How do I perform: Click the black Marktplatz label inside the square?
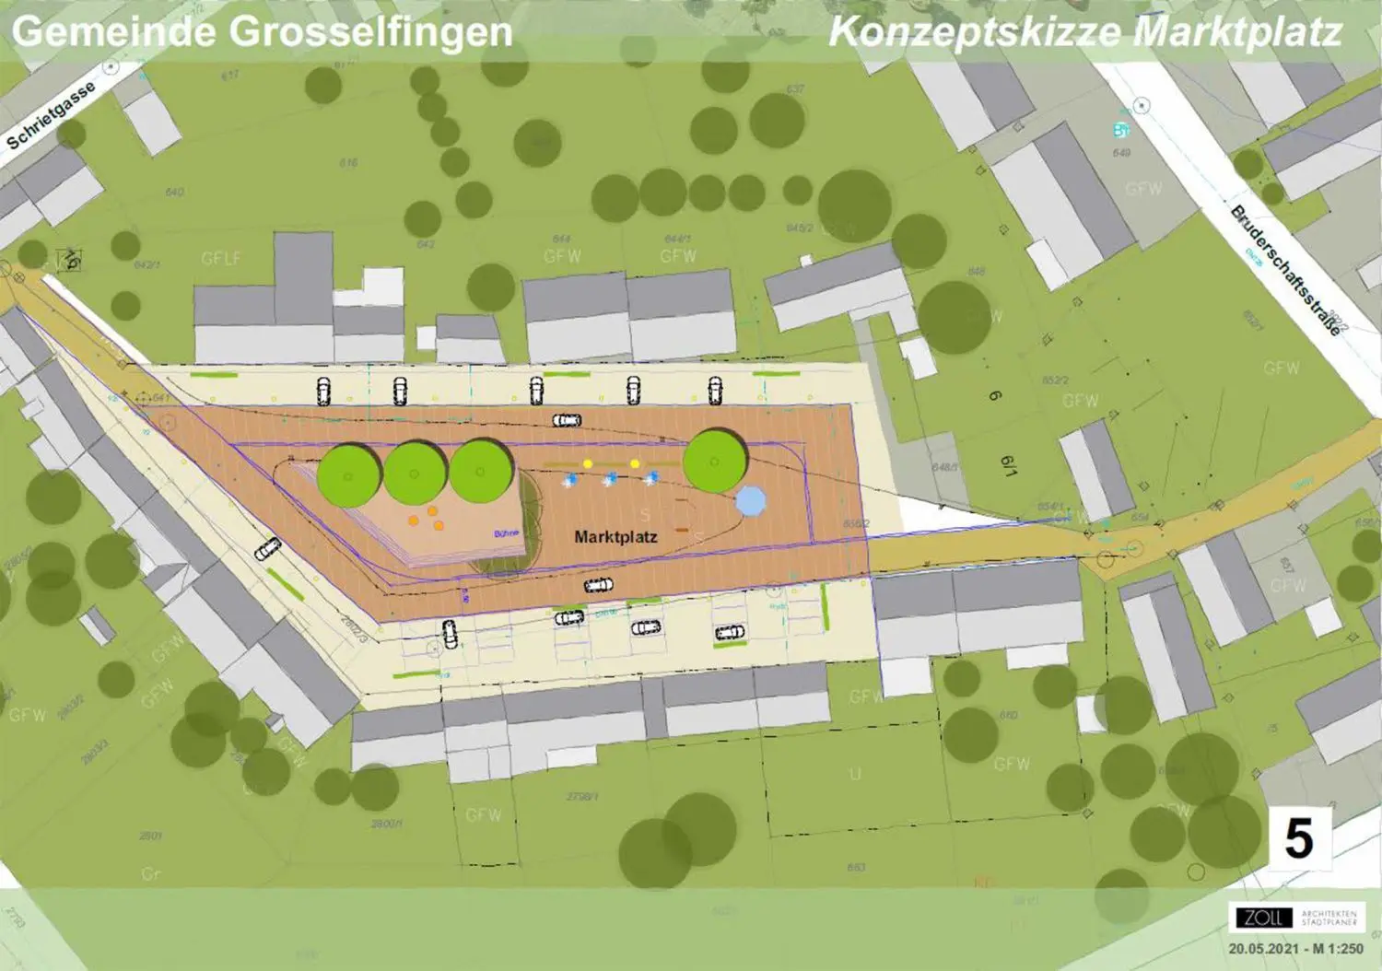tap(615, 536)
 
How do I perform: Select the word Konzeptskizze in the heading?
tap(974, 31)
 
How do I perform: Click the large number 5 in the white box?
tap(1299, 838)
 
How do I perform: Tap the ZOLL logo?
tap(1262, 918)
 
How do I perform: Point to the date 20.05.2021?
tap(1264, 949)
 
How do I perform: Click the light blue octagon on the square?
tap(751, 501)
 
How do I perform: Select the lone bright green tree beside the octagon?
tap(715, 462)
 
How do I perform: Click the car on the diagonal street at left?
tap(267, 549)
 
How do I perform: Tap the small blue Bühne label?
tap(506, 533)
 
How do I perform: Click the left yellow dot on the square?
tap(588, 463)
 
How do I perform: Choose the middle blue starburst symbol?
tap(610, 479)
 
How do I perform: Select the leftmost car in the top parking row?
tap(323, 391)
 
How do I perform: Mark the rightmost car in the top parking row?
tap(715, 391)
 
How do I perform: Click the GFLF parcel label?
tap(221, 259)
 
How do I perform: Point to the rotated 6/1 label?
tap(1010, 465)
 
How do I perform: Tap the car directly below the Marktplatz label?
tap(599, 585)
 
